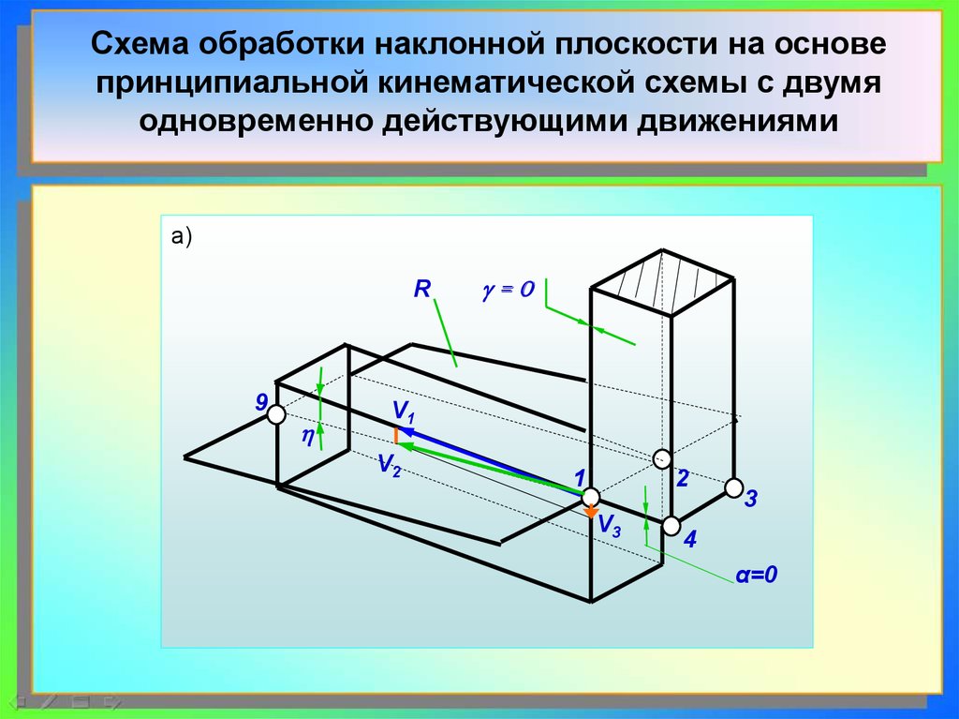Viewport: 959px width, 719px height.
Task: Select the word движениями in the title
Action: (x=738, y=122)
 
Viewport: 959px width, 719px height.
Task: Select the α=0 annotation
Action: (x=757, y=575)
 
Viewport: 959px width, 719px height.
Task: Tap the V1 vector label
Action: (x=404, y=411)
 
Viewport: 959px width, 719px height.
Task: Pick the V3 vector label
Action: (x=609, y=527)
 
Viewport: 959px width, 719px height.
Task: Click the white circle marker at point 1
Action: (x=592, y=496)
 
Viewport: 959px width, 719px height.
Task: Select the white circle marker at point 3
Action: (x=733, y=487)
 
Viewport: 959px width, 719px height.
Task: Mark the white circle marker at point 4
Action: (x=671, y=526)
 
